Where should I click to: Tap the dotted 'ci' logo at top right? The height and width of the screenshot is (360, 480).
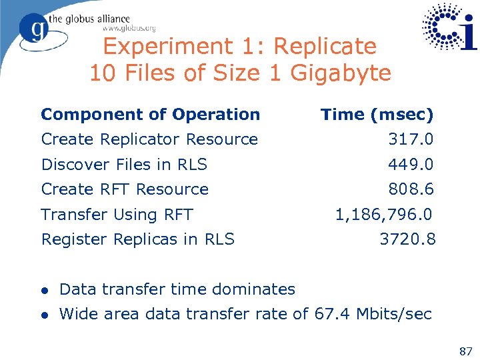pos(450,27)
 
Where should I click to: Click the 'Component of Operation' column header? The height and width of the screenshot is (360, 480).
pos(150,115)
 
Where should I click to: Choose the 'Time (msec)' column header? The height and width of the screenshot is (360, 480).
pos(377,115)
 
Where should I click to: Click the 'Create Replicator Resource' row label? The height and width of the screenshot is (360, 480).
pos(149,139)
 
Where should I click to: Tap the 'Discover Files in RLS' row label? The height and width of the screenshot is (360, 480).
pos(124,164)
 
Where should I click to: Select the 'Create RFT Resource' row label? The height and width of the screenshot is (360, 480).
pos(125,189)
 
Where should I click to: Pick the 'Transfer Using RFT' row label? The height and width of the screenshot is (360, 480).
pos(117,215)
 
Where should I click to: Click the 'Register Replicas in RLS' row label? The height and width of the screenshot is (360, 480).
pos(137,239)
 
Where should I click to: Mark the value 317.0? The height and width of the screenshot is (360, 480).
pos(411,139)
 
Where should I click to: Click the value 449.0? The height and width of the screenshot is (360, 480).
pos(411,164)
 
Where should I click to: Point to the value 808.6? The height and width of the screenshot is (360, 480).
pos(411,189)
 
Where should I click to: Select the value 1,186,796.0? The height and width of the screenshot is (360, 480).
pos(383,215)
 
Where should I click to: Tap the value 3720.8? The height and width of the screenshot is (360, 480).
pos(407,239)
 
